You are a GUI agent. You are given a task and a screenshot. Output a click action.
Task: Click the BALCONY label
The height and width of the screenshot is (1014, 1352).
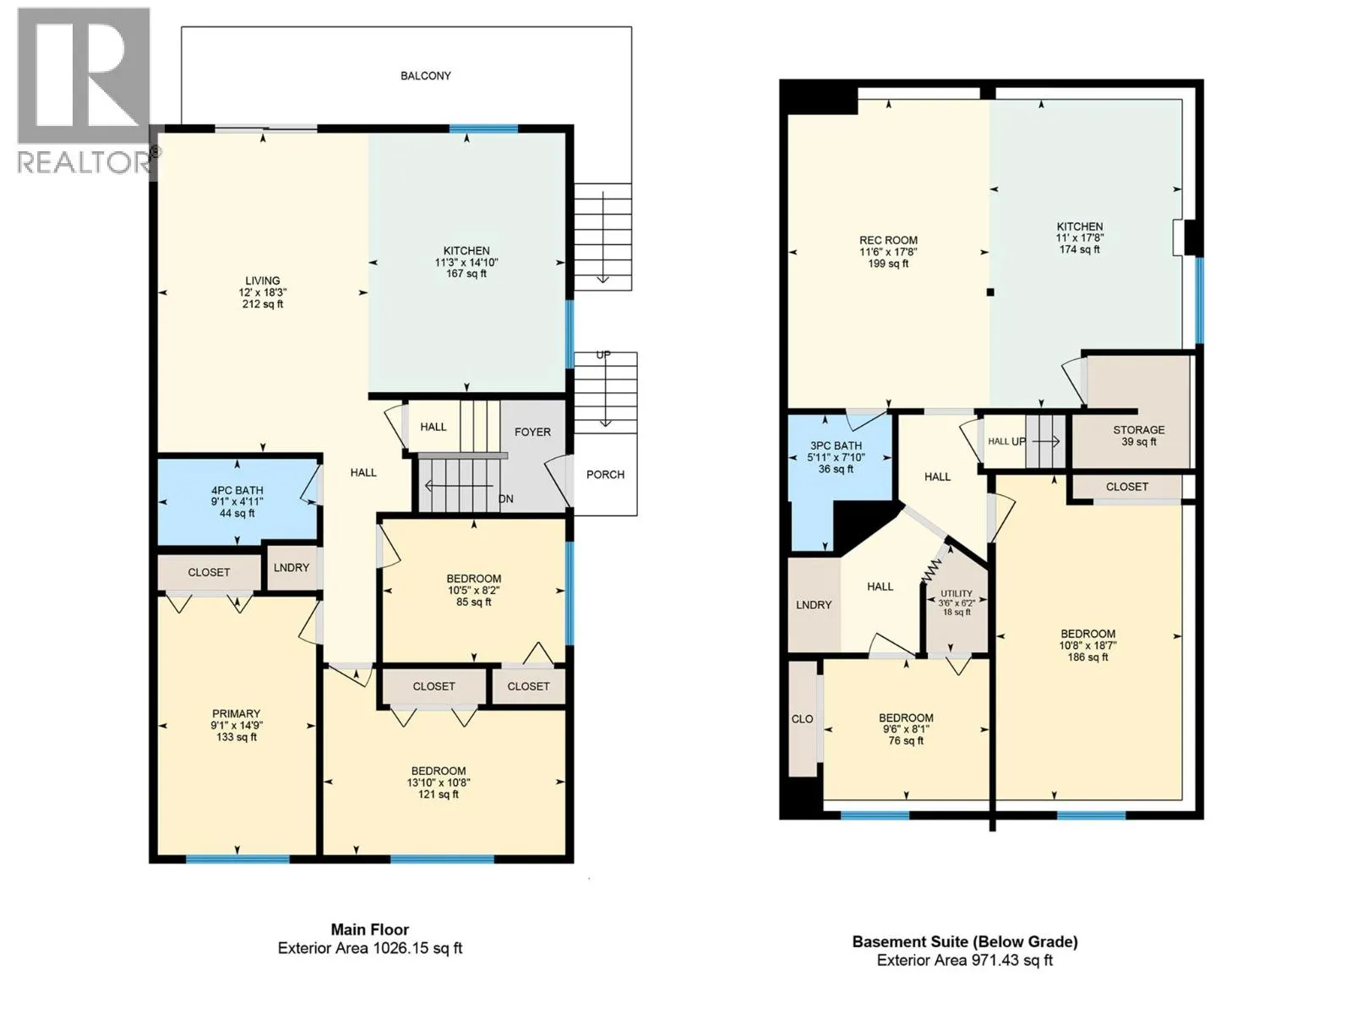(426, 76)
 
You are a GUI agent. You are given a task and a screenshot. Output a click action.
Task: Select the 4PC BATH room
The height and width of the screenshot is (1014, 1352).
(237, 501)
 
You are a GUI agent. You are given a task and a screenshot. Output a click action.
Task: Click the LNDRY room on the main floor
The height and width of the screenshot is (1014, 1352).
(292, 568)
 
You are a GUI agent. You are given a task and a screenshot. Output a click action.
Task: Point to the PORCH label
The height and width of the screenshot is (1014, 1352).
(606, 475)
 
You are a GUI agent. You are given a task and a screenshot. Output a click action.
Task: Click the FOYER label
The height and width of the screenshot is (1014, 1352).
(533, 432)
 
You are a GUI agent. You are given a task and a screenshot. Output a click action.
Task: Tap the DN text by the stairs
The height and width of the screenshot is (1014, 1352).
(505, 499)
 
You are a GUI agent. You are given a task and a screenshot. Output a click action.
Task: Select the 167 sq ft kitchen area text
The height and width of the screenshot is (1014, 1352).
(466, 273)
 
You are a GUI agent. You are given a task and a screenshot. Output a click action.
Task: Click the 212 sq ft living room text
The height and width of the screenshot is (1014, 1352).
(263, 304)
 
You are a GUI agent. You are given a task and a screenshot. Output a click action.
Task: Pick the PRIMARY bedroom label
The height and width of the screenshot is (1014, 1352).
(236, 713)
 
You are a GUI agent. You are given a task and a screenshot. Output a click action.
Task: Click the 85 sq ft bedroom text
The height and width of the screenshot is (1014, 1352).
(474, 602)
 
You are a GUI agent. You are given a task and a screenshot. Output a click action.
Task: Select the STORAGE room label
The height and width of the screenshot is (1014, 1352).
(1139, 430)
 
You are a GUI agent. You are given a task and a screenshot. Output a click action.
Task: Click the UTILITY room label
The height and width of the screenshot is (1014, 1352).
(957, 594)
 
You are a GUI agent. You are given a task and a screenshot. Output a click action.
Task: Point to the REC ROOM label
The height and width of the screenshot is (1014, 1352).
(888, 240)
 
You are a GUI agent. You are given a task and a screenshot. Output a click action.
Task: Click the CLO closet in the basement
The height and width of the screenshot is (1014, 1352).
(803, 719)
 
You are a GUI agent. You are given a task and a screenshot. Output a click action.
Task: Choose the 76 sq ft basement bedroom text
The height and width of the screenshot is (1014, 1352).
(906, 741)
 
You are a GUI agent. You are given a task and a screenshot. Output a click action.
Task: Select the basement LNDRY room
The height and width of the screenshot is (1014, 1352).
(815, 604)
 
